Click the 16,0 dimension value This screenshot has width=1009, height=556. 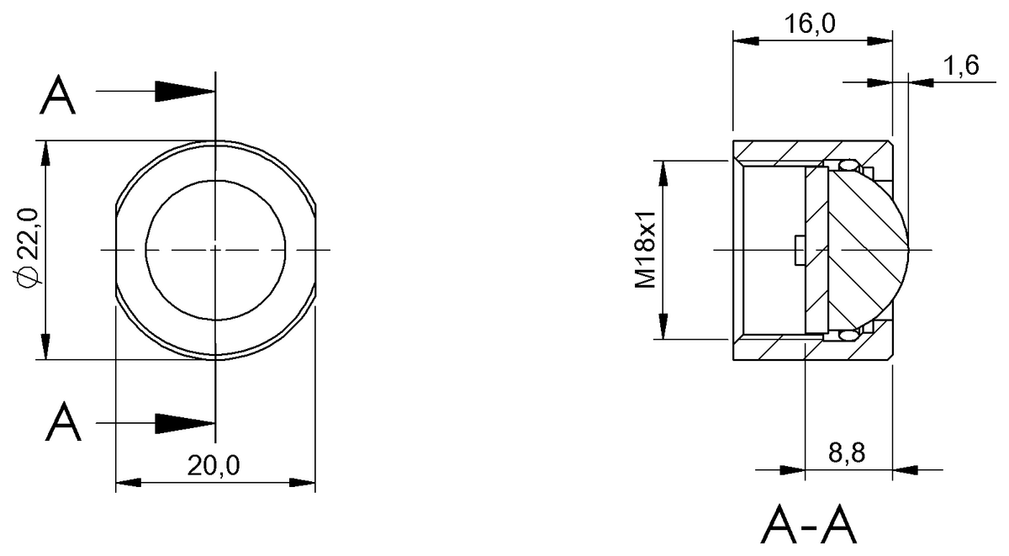pos(811,24)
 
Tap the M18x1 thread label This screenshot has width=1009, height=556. pos(645,250)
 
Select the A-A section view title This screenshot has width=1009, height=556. pos(808,527)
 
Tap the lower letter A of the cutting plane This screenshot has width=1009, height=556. pos(63,422)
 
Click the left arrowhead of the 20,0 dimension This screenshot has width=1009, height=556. pos(127,483)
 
